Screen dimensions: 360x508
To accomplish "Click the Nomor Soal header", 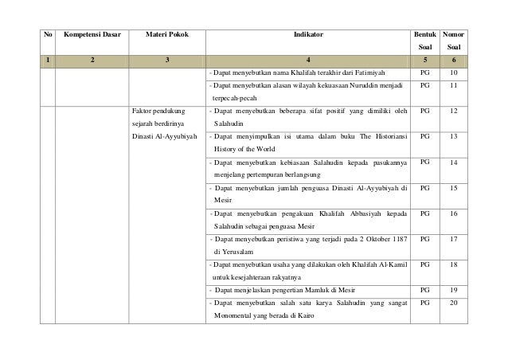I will (x=453, y=43).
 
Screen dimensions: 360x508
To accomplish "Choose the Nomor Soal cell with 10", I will (x=453, y=72).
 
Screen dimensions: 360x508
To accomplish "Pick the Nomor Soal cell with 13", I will (x=453, y=137).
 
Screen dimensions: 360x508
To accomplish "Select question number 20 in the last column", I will (x=453, y=303).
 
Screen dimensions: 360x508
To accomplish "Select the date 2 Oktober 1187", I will (x=375, y=239).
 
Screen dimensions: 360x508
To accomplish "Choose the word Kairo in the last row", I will (x=301, y=316).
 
